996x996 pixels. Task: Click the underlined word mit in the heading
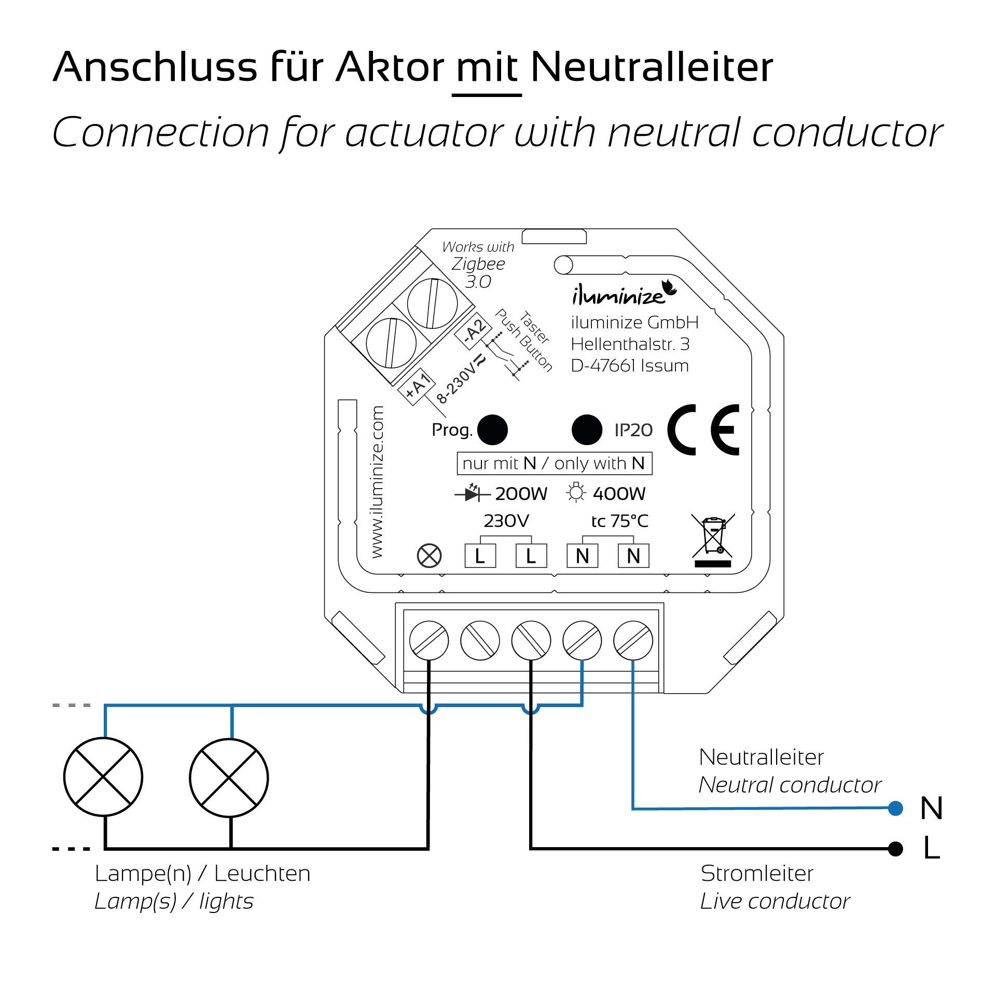pos(487,67)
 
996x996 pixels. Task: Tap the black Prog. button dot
pos(492,430)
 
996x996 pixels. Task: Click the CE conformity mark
pos(703,430)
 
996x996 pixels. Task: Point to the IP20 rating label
pos(633,430)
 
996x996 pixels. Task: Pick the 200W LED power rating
pos(521,494)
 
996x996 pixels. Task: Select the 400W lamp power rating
pos(618,494)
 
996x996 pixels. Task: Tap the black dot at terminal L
pos(895,849)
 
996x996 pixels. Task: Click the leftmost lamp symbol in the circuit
pos(103,777)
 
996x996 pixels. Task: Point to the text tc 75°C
pos(619,521)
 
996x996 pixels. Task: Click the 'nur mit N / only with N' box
pos(554,463)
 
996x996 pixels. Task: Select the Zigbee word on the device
pos(478,264)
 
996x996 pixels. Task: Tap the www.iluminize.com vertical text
pos(377,482)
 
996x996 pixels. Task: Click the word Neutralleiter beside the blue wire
pos(760,757)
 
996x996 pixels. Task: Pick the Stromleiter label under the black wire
pos(756,874)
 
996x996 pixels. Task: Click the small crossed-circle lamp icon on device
pos(429,556)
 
